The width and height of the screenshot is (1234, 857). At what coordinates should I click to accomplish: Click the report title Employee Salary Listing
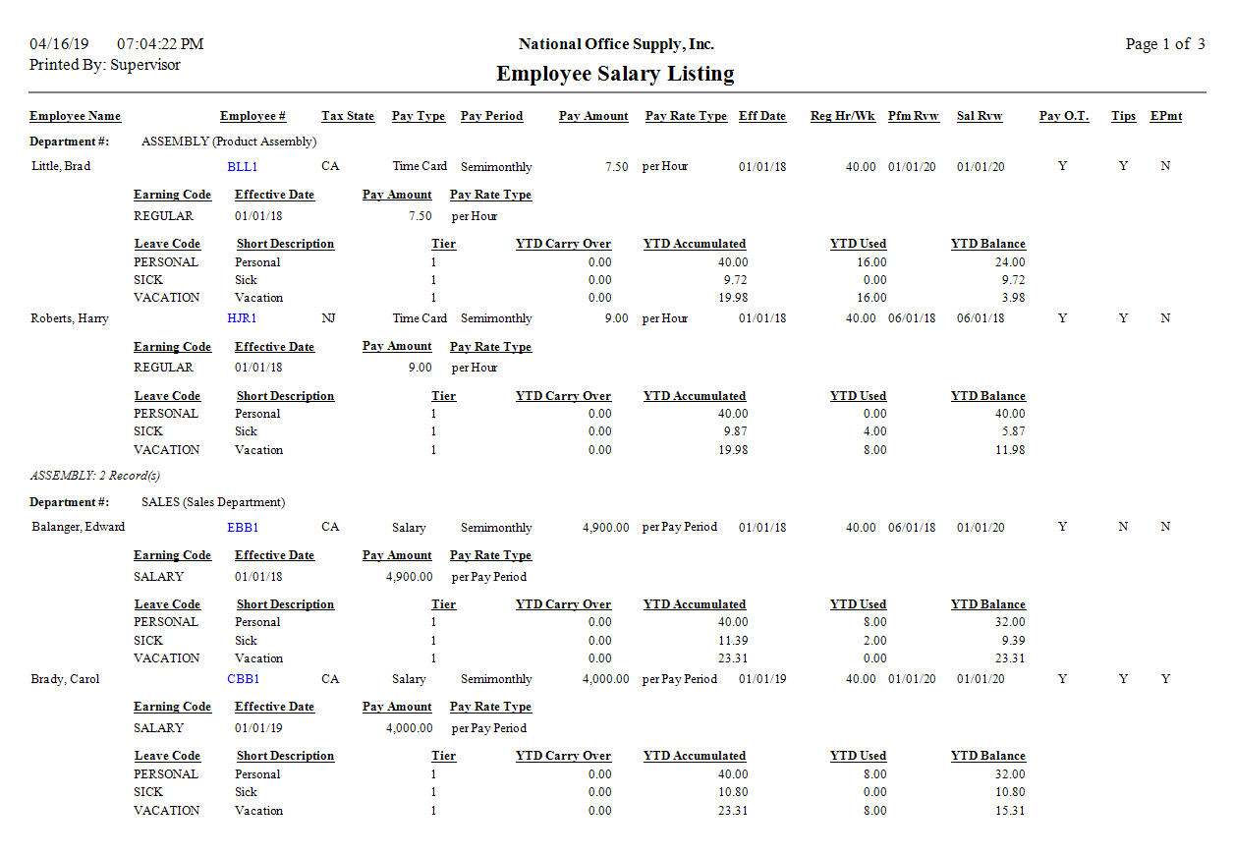click(x=615, y=74)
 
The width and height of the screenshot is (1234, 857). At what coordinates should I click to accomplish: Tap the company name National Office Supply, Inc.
click(x=616, y=44)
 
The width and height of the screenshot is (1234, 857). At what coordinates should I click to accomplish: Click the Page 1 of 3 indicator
click(x=1164, y=44)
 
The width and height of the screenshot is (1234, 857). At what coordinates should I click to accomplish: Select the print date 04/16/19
click(x=59, y=44)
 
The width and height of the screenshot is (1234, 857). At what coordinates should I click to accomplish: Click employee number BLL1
click(x=242, y=167)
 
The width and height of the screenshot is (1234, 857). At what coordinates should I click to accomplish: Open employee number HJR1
click(x=242, y=318)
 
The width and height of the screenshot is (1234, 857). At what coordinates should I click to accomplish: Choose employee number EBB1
click(x=243, y=528)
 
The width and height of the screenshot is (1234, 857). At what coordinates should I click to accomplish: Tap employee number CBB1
click(x=243, y=679)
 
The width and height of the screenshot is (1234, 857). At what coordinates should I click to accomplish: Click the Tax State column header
click(x=348, y=116)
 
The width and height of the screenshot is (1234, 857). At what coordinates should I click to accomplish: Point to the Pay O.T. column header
click(x=1064, y=116)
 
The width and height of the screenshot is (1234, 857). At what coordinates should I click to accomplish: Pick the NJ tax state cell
click(x=328, y=318)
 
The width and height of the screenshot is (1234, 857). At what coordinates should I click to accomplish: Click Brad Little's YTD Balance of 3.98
click(x=1011, y=298)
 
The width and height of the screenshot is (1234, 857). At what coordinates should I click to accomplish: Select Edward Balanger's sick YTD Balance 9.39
click(x=1011, y=641)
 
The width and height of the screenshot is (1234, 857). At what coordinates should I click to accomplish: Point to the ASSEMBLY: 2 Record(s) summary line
click(x=94, y=476)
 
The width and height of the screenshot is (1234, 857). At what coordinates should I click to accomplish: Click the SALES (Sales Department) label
click(x=213, y=502)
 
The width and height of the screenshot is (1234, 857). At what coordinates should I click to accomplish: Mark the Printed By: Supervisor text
click(x=105, y=65)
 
